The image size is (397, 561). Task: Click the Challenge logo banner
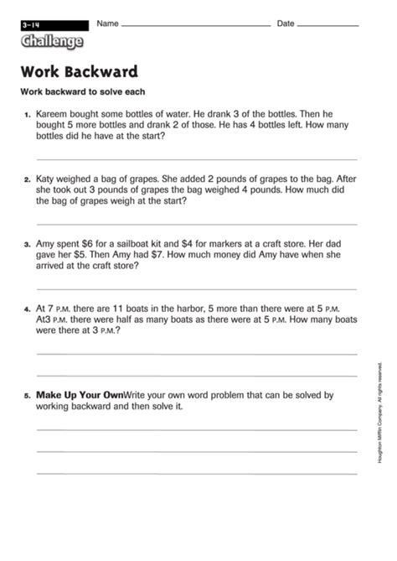[x=53, y=41]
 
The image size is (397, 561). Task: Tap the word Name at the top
[x=107, y=23]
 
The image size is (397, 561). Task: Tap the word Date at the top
[x=286, y=23]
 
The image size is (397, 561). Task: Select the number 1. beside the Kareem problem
[x=27, y=113]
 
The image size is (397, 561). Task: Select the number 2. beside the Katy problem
[x=27, y=179]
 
